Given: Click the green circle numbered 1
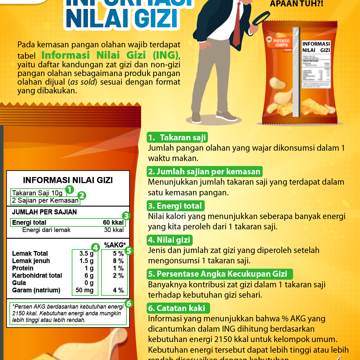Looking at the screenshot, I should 69,190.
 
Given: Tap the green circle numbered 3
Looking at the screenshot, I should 126,215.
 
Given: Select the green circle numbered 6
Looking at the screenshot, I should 129,304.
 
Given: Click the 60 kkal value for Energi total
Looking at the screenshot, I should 113,223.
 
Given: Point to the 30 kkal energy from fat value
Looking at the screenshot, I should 114,230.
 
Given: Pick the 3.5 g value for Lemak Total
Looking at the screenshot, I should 86,254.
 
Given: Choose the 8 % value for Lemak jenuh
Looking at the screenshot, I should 118,261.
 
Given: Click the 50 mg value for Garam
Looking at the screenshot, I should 85,290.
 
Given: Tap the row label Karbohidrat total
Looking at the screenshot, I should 37,276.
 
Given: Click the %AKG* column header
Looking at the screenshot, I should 115,245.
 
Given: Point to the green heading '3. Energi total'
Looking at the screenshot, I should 175,206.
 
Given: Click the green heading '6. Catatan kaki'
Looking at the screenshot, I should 178,308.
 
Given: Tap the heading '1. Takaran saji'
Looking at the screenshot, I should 177,138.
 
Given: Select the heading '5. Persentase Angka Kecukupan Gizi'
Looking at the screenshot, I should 220,274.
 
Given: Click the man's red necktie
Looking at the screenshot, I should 237,27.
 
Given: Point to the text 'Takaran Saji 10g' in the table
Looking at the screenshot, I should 37,193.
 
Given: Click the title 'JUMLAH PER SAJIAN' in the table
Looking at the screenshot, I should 44,212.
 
